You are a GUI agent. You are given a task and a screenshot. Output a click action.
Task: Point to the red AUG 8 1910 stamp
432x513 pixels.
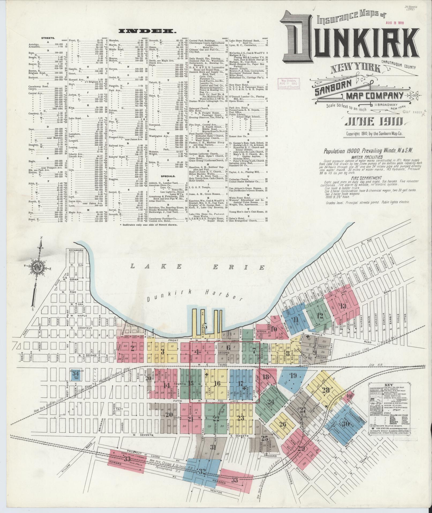pos(395,23)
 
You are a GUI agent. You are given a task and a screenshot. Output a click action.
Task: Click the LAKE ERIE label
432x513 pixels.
pos(197,267)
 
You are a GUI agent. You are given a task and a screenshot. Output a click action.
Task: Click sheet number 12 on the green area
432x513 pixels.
pos(319,315)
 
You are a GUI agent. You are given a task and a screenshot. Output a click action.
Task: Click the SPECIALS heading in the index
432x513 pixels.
pos(168,176)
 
